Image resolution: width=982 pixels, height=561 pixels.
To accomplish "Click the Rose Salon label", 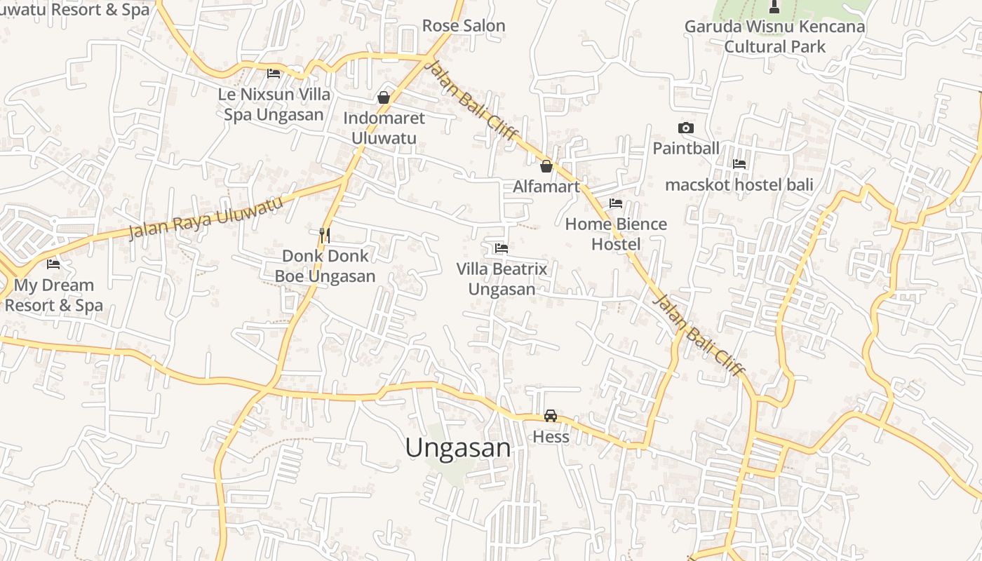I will coord(463,26).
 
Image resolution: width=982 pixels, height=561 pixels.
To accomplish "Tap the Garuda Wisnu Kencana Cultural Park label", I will coord(774,36).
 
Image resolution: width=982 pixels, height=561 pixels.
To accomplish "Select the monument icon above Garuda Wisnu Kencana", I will coord(774,7).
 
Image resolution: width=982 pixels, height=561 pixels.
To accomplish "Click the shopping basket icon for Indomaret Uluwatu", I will coord(384,97).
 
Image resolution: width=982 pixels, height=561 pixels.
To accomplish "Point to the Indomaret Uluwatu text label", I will coord(384,128).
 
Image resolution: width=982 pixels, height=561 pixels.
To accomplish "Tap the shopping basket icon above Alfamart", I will coord(546,166).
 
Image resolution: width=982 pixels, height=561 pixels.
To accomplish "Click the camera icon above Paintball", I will coord(686,128).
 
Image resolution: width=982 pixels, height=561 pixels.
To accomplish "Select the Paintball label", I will coord(686,148).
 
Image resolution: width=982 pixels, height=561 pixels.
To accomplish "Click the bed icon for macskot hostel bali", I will coord(739,164).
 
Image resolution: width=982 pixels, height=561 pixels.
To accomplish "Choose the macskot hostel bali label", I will coord(739,184).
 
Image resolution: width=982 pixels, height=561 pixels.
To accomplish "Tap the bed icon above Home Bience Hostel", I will coord(616,203).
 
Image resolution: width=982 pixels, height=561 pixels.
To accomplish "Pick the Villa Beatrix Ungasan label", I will coord(502,278).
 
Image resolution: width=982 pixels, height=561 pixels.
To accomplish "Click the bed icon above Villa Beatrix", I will coord(501,248).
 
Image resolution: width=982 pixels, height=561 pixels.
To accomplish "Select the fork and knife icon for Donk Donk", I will coord(325,235).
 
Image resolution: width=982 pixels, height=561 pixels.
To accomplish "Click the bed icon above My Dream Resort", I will coord(53,264).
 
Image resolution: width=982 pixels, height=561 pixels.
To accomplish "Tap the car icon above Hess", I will coord(551,416).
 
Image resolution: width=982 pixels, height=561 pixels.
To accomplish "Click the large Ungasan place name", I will coord(458,448).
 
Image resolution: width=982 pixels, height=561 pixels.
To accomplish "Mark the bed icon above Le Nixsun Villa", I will coord(274,73).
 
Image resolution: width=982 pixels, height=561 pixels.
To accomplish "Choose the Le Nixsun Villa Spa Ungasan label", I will coord(274,104).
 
